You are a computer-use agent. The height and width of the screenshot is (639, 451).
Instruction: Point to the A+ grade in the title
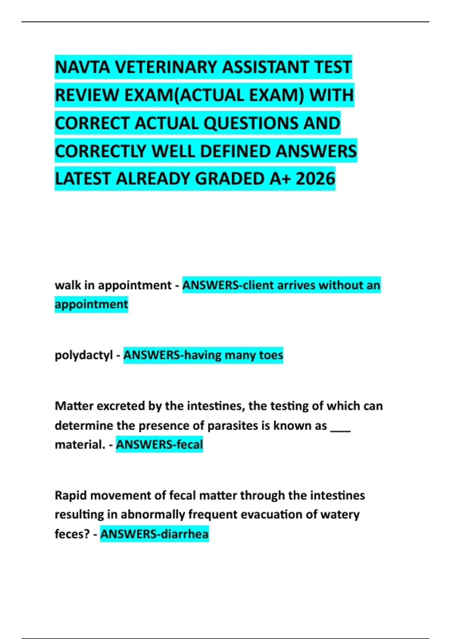[x=280, y=179]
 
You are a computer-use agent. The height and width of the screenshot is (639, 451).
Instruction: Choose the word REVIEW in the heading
[x=87, y=95]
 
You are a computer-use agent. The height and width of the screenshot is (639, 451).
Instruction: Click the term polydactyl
[x=83, y=355]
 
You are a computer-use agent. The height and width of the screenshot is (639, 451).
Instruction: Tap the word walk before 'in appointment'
[x=68, y=285]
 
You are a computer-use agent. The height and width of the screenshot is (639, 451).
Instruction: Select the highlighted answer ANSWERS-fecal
[x=159, y=445]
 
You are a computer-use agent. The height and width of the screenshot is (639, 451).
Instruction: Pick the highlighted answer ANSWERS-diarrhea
[x=154, y=534]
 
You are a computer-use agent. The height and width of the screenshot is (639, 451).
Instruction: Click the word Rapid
[x=71, y=495]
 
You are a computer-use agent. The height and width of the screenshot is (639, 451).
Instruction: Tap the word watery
[x=340, y=515]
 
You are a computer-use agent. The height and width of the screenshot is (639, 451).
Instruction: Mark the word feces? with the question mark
[x=72, y=534]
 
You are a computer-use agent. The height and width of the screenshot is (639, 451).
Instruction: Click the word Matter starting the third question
[x=74, y=406]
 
